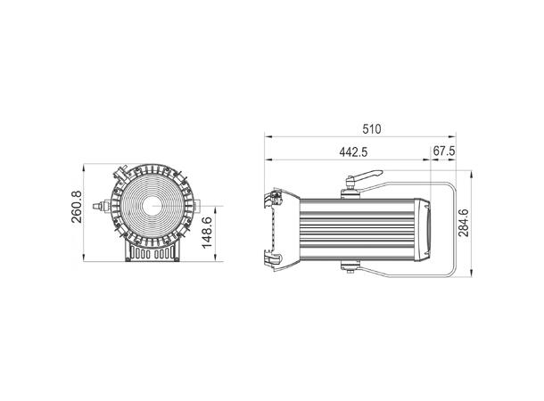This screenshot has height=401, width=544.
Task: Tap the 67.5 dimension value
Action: click(444, 151)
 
